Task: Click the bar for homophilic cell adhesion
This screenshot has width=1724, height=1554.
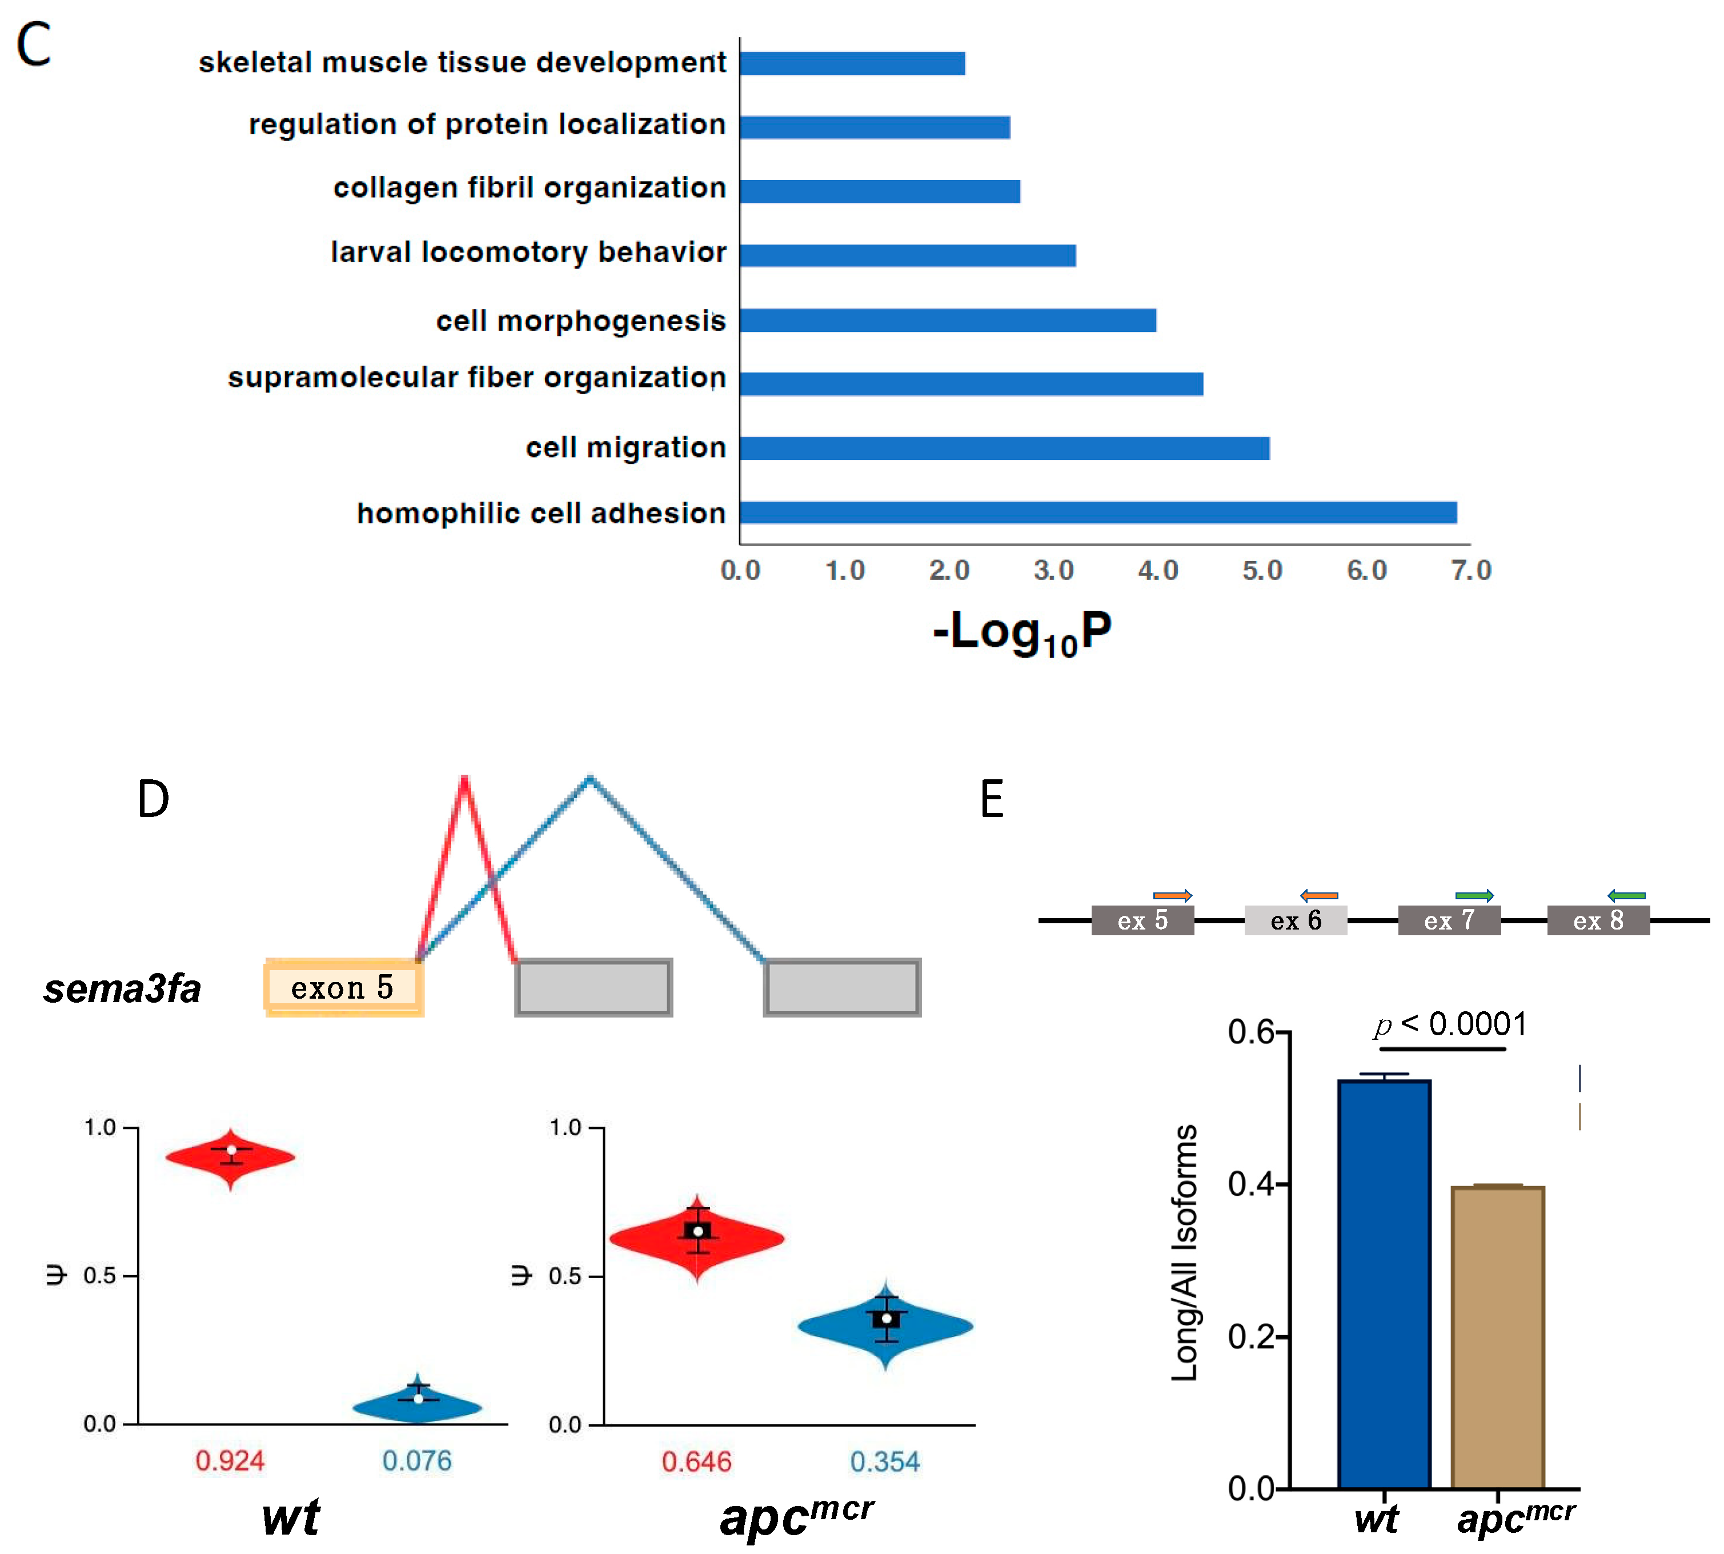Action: [x=1097, y=512]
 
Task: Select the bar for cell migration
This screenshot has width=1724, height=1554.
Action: [x=1004, y=448]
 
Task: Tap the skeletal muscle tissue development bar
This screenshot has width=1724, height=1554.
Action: [x=852, y=63]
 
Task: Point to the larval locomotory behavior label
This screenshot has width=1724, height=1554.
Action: [x=528, y=253]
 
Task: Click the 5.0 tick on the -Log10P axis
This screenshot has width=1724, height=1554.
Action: [x=1262, y=570]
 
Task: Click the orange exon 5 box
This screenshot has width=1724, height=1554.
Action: [x=343, y=987]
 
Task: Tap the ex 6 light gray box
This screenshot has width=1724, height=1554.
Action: [x=1296, y=920]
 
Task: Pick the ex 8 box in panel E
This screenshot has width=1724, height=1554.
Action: [x=1598, y=920]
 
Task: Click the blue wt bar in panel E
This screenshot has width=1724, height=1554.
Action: [x=1384, y=1285]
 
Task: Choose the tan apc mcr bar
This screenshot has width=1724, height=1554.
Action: [x=1498, y=1338]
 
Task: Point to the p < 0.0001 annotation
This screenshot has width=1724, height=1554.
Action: [x=1450, y=1024]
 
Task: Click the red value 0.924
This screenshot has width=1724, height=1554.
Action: [x=230, y=1461]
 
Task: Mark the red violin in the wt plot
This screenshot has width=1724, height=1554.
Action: [x=231, y=1158]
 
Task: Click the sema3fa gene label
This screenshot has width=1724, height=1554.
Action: [x=122, y=989]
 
